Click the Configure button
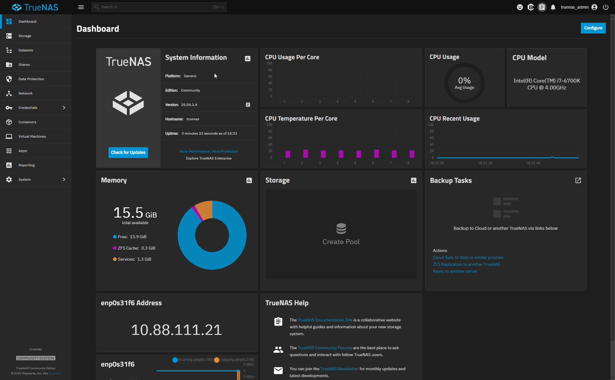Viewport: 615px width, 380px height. tap(593, 28)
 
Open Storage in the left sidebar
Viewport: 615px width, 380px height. tap(25, 36)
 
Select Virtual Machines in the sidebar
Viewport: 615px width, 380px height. tap(32, 136)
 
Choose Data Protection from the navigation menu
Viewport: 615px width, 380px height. tap(31, 79)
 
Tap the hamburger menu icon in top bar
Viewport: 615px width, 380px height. tap(81, 7)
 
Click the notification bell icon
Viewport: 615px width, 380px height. tap(553, 7)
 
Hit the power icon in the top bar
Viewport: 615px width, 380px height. tap(606, 7)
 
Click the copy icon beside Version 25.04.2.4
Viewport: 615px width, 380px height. tap(248, 105)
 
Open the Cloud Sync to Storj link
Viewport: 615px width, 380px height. tap(468, 257)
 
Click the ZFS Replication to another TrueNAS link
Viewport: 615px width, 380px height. tap(466, 264)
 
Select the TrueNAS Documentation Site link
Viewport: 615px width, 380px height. tap(325, 320)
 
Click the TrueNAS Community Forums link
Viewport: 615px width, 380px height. tap(325, 348)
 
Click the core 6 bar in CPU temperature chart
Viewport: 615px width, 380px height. tap(376, 153)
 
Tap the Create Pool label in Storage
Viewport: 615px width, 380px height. tap(341, 242)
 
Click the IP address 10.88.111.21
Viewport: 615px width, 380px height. tap(176, 330)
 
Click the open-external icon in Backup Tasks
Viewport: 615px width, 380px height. tap(578, 180)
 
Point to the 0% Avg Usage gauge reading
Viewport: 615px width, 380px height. tap(464, 83)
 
